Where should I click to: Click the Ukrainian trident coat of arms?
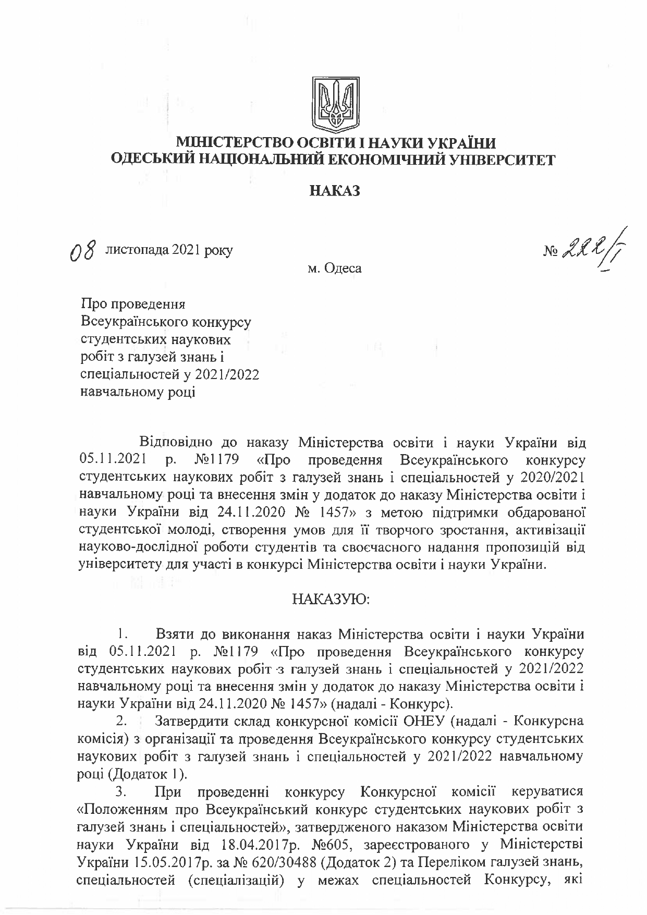pyautogui.click(x=334, y=104)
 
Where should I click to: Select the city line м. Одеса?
pyautogui.click(x=334, y=269)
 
